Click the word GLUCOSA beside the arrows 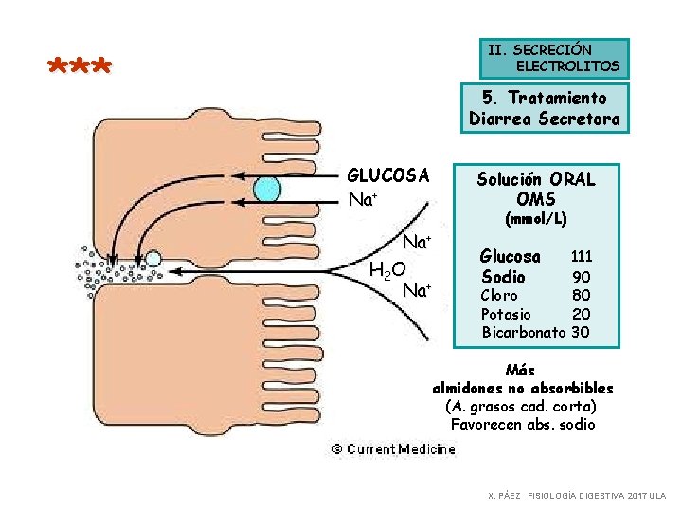[388, 175]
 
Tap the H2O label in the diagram [387, 272]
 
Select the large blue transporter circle [267, 189]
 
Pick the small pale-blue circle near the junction [153, 257]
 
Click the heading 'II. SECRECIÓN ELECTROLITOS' [554, 58]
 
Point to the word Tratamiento [557, 98]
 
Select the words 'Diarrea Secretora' [545, 119]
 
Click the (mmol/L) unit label [536, 218]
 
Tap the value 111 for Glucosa [581, 256]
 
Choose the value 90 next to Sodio [582, 277]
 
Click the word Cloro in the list [499, 296]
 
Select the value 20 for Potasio [582, 314]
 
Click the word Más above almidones [522, 370]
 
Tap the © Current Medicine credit [392, 449]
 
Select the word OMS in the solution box [536, 199]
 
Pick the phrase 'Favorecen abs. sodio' [523, 424]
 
